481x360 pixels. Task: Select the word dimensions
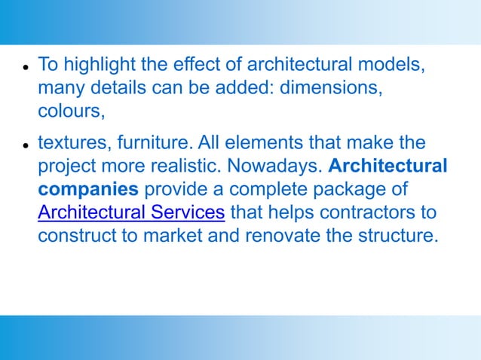[330, 87]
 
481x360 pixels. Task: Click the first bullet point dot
[25, 66]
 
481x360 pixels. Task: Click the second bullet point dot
[25, 144]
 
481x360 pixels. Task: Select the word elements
[254, 142]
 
